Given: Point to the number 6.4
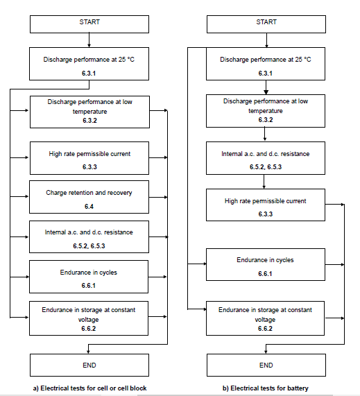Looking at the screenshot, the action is (x=89, y=207).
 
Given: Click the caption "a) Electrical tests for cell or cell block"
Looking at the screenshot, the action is (x=89, y=388).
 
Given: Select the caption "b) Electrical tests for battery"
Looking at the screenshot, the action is (x=265, y=388).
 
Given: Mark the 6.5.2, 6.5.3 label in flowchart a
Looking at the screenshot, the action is (x=89, y=246).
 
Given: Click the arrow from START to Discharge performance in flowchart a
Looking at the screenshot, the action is (x=89, y=40).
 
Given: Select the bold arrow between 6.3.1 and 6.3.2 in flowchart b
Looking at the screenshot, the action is (x=266, y=87).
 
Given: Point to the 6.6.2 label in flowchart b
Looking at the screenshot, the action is (x=265, y=329).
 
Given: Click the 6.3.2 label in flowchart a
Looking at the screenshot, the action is (x=89, y=121).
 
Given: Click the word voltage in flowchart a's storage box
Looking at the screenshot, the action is (x=88, y=320).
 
